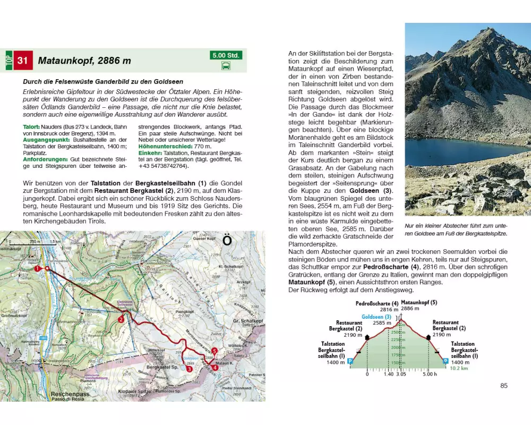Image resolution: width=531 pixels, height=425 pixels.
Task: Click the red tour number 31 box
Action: click(x=22, y=60)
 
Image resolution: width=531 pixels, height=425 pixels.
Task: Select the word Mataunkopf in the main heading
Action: click(x=64, y=61)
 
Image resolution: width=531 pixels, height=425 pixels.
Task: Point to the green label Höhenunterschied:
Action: click(x=164, y=146)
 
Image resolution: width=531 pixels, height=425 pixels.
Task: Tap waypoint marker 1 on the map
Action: click(x=38, y=269)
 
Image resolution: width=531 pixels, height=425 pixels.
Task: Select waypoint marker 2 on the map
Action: click(x=121, y=319)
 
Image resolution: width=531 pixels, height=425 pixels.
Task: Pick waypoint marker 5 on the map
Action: click(x=214, y=351)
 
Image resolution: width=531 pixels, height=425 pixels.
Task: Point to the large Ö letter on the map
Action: click(x=227, y=241)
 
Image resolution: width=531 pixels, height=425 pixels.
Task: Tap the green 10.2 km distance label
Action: click(x=458, y=368)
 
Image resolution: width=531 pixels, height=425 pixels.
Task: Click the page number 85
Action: click(x=504, y=385)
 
